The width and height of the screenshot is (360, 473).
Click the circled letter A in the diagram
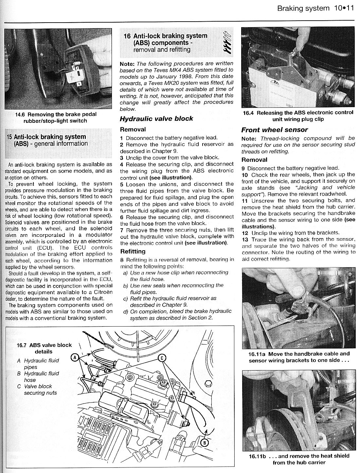tap(75, 357)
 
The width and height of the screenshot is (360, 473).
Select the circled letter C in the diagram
tap(162, 358)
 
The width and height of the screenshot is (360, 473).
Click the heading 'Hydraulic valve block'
tap(156, 119)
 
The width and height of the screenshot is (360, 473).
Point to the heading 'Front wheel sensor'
tap(275, 130)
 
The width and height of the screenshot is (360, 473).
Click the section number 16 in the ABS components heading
tap(127, 36)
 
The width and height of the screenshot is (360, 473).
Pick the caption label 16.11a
tap(257, 354)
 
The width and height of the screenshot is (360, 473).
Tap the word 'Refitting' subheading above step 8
tap(133, 252)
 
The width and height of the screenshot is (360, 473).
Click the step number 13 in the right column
tap(245, 240)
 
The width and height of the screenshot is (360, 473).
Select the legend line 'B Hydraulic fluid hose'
tap(38, 377)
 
